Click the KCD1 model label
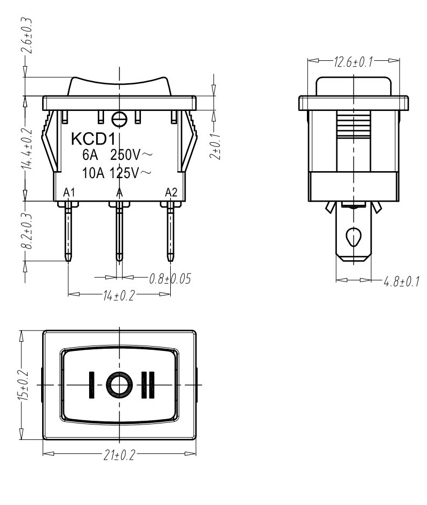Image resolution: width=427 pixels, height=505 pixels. pyautogui.click(x=93, y=139)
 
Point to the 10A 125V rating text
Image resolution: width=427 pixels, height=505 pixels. pyautogui.click(x=116, y=173)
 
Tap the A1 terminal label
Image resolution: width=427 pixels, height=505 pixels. pyautogui.click(x=69, y=193)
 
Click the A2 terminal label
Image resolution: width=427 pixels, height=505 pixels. pyautogui.click(x=171, y=193)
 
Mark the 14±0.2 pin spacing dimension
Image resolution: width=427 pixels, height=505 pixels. pyautogui.click(x=118, y=295)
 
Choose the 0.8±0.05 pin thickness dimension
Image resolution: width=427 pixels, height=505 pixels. pyautogui.click(x=170, y=278)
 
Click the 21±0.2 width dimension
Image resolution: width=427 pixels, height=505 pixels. pyautogui.click(x=118, y=455)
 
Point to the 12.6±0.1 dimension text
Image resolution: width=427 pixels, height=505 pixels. pyautogui.click(x=353, y=62)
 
